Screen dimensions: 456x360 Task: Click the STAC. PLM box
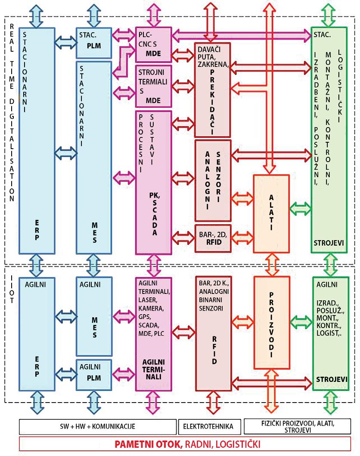93,43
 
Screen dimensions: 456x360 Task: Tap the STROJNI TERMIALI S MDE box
153,86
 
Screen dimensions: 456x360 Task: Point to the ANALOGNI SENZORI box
213,180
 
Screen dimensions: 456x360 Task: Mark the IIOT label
12,286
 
